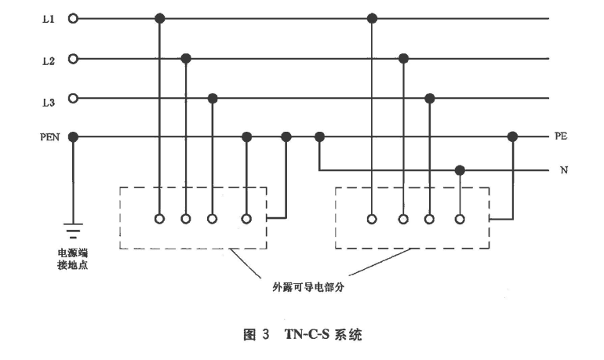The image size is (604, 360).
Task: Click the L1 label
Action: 47,18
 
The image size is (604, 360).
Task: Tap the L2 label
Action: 47,59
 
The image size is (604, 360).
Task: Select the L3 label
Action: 47,99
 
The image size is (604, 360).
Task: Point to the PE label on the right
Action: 560,136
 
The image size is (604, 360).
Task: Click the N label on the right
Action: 562,169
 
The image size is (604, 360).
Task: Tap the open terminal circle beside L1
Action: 73,18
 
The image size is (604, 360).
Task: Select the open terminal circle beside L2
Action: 73,58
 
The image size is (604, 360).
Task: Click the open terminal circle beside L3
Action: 73,98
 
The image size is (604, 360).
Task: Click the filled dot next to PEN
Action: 73,136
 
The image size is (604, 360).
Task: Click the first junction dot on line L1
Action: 159,18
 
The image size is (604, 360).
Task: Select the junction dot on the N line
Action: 460,169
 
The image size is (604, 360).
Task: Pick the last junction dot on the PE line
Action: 513,136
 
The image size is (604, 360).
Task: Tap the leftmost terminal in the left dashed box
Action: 159,219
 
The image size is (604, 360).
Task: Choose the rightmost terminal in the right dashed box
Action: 460,219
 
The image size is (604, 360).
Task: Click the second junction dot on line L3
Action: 429,98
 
